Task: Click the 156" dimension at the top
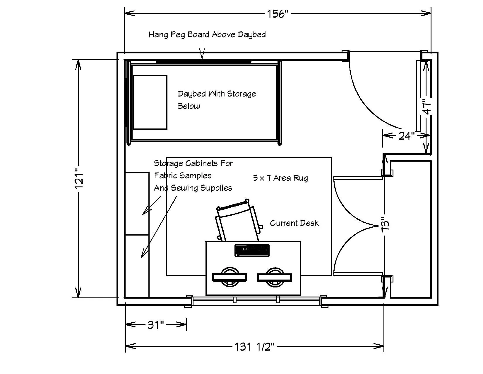[x=278, y=13]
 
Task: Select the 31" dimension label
[x=155, y=325]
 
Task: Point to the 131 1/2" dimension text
[x=255, y=347]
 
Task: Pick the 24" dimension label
[x=407, y=136]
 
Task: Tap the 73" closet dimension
[x=386, y=225]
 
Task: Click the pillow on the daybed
[x=150, y=102]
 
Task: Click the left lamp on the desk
[x=229, y=277]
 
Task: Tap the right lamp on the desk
[x=275, y=277]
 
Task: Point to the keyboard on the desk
[x=252, y=250]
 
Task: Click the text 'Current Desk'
[x=294, y=223]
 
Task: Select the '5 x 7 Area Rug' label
[x=280, y=178]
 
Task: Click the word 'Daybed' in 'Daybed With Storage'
[x=192, y=94]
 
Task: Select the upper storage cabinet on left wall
[x=137, y=204]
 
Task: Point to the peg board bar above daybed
[x=203, y=62]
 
